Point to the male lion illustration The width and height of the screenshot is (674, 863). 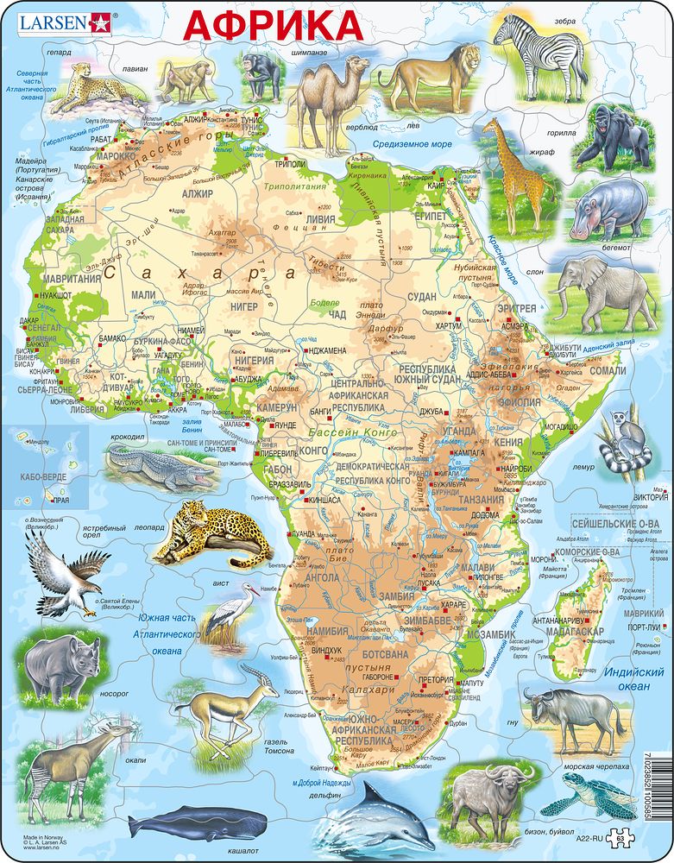(429, 78)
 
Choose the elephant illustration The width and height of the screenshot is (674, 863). (605, 288)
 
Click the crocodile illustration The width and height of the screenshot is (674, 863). (161, 468)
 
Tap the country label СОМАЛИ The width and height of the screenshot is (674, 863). (607, 370)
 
